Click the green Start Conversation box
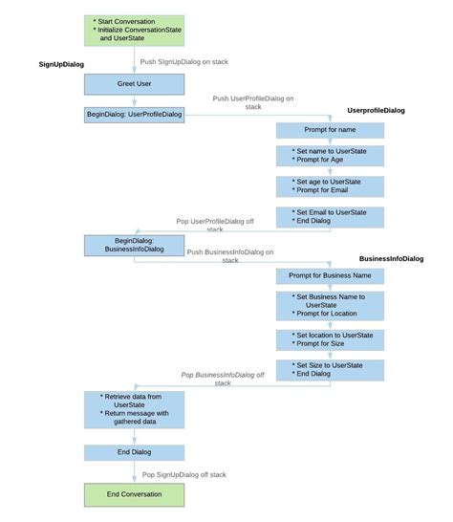134,31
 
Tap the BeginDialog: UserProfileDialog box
134,116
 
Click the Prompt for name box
330,130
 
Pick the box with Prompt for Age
330,156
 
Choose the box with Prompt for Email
330,185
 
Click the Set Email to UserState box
330,216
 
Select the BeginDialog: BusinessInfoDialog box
134,245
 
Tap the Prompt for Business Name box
330,276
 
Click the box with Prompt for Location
330,306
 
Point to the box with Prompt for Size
330,339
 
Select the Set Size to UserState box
330,369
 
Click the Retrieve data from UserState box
134,408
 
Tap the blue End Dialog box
134,453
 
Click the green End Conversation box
134,494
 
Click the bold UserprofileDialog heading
376,111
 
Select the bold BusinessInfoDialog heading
391,259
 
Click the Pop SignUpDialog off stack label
184,474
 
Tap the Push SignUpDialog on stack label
184,61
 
